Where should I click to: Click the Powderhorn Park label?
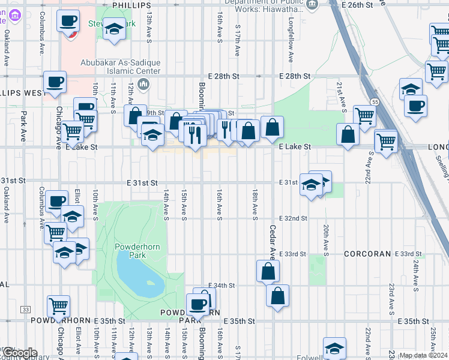click(130, 251)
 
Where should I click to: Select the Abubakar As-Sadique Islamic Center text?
click(121, 67)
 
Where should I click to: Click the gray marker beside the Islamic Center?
click(143, 83)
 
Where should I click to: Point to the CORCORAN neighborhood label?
click(368, 254)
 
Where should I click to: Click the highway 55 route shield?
click(374, 102)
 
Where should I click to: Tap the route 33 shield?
click(25, 309)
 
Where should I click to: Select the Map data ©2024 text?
click(423, 355)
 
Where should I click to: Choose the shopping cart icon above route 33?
click(58, 306)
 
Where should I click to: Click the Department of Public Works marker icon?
click(312, 5)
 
